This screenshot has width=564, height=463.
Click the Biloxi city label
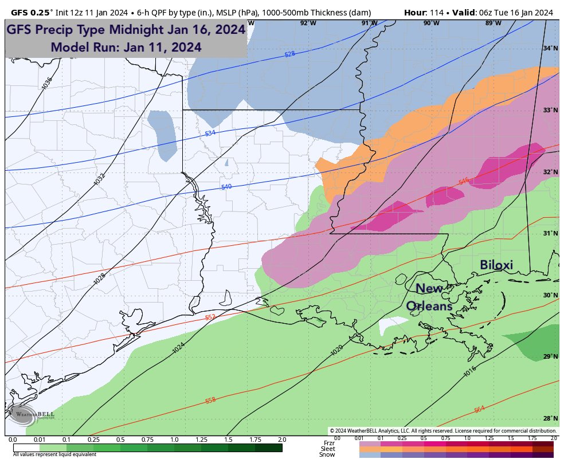[x=496, y=265]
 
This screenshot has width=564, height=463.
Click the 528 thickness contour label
[x=290, y=54]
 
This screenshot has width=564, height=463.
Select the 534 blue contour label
[x=210, y=133]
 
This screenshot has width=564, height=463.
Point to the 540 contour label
[x=226, y=187]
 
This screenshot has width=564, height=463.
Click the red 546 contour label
[x=464, y=182]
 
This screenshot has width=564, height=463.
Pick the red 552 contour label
[x=210, y=317]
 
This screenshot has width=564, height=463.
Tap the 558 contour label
[x=210, y=400]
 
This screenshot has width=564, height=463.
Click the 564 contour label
[x=479, y=409]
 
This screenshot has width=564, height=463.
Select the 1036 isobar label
[x=46, y=84]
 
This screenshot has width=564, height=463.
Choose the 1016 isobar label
[x=469, y=372]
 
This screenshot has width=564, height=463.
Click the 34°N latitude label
[x=550, y=49]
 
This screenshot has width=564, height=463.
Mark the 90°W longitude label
[x=431, y=23]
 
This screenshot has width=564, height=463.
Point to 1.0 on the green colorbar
[x=174, y=440]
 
